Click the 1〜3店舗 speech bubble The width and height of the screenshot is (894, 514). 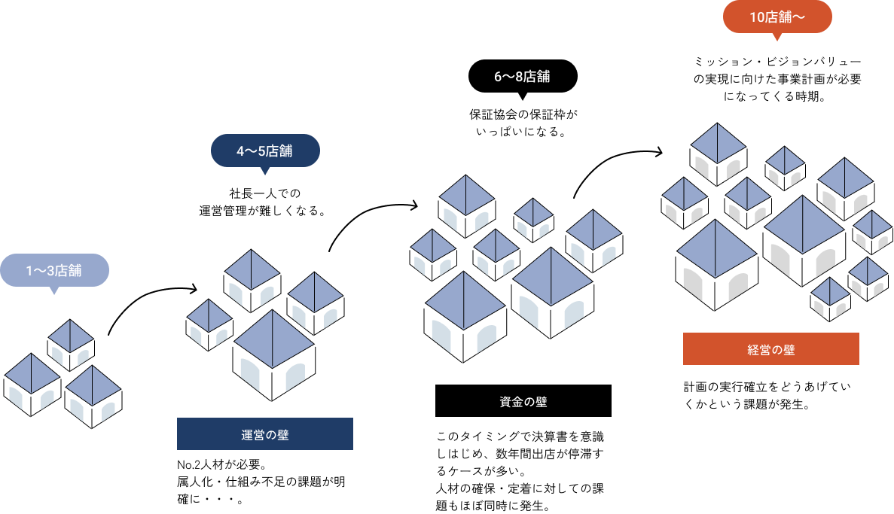click(x=54, y=270)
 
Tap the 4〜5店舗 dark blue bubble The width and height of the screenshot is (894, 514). click(x=265, y=151)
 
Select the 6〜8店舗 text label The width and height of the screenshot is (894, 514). click(x=522, y=76)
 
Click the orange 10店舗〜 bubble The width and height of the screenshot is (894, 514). click(x=777, y=17)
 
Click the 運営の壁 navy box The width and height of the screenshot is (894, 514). click(x=265, y=434)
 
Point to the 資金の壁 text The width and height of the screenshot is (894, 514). click(x=523, y=402)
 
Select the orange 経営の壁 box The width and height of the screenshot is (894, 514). click(x=771, y=349)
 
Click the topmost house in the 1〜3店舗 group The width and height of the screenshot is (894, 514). click(x=71, y=341)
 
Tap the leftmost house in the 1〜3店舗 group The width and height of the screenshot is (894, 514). click(x=32, y=381)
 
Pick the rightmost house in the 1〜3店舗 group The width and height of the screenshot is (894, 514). click(x=93, y=392)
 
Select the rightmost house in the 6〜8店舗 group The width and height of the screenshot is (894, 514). click(x=593, y=236)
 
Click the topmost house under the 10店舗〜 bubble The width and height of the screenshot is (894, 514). click(x=718, y=149)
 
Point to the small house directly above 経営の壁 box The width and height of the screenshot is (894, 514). click(x=830, y=297)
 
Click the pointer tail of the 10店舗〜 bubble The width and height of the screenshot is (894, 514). click(x=777, y=37)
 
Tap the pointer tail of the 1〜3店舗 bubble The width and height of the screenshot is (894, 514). click(x=53, y=290)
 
